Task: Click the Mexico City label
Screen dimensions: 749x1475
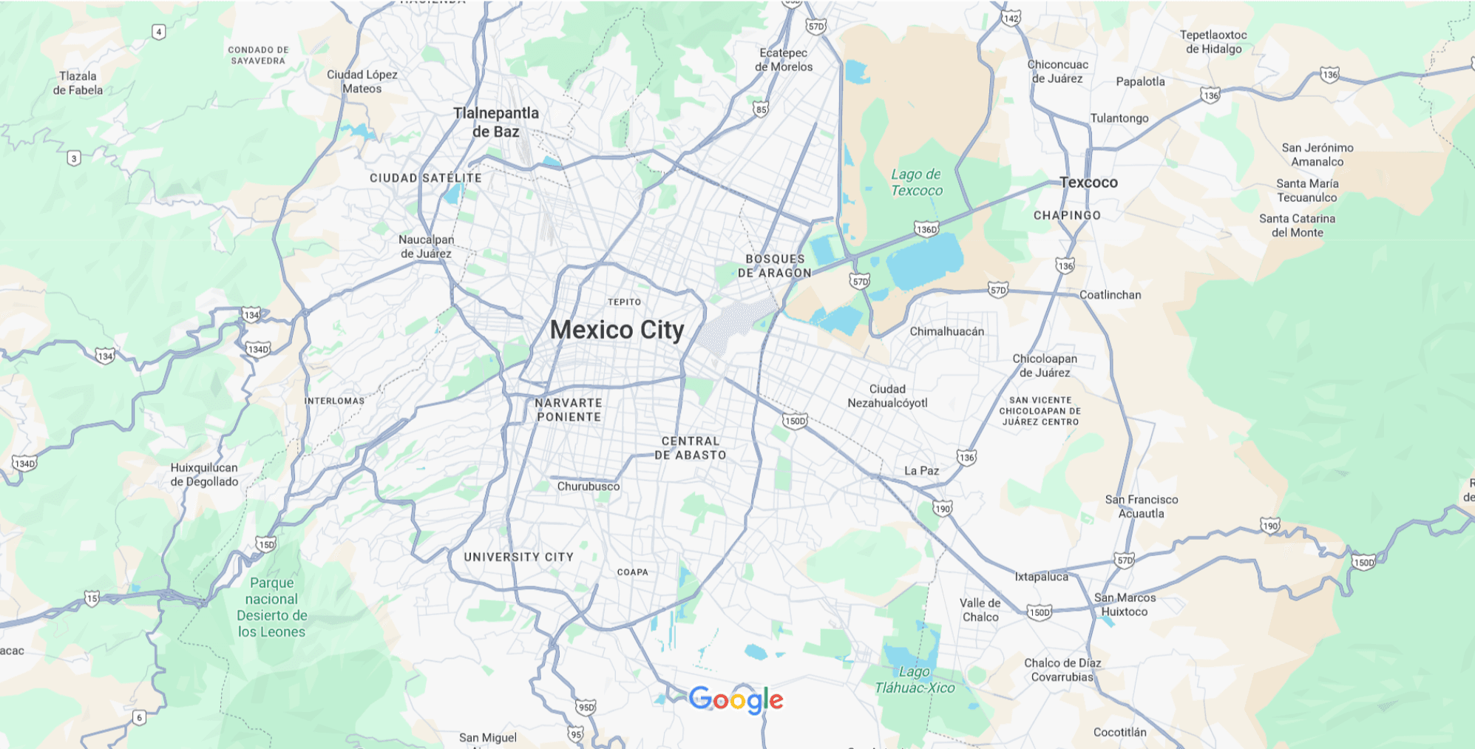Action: (617, 330)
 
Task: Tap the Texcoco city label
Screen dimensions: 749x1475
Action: (1088, 183)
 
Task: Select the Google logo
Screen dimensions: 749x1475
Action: (736, 699)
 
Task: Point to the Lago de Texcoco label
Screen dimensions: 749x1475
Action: (916, 183)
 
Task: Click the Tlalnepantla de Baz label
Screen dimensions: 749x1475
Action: (496, 123)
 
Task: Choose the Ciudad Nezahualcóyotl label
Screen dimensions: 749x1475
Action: (887, 396)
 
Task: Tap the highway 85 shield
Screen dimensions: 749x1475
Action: (761, 109)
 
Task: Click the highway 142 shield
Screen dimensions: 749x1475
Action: (1011, 18)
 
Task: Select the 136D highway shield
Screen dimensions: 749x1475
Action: (926, 229)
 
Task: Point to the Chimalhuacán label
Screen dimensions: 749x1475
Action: (946, 331)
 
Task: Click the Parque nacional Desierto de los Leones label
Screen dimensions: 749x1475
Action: (271, 607)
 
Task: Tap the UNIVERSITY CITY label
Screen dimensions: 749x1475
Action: (518, 557)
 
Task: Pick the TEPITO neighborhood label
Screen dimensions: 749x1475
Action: (624, 302)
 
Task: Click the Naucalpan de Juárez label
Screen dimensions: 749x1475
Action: (427, 247)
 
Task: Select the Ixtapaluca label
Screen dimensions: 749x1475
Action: (1041, 577)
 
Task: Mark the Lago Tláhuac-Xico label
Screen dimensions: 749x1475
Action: (915, 680)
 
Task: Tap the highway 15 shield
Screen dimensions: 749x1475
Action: (92, 598)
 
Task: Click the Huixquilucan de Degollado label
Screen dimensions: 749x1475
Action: (204, 475)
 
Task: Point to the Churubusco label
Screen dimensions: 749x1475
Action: (589, 487)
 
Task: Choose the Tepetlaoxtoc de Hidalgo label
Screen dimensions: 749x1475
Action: (1213, 42)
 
